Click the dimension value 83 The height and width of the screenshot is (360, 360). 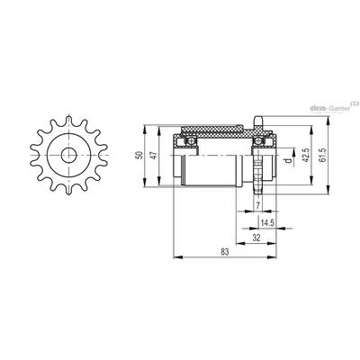225,251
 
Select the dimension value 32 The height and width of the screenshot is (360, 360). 256,238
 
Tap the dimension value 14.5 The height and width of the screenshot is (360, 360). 266,222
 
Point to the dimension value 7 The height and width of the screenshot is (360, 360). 257,205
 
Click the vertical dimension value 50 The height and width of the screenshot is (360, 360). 139,156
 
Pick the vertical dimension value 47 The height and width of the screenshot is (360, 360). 153,156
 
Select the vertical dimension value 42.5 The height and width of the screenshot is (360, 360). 306,155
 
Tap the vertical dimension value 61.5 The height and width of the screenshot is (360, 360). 322,155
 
